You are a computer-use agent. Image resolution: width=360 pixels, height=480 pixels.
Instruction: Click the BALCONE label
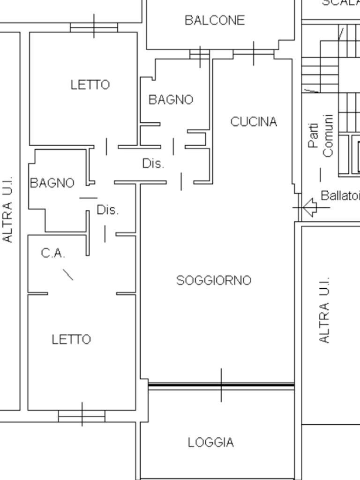(x=215, y=21)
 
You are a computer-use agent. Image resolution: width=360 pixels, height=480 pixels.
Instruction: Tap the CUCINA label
(x=254, y=122)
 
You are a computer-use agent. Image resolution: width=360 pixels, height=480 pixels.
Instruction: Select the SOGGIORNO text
(x=214, y=280)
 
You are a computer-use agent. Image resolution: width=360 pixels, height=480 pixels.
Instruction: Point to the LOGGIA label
(x=210, y=442)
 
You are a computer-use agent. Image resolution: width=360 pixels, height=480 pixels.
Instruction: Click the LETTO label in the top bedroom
(x=90, y=85)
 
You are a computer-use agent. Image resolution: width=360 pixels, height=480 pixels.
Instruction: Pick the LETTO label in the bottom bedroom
(x=71, y=339)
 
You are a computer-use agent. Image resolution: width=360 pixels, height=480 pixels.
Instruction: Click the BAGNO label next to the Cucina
(x=171, y=100)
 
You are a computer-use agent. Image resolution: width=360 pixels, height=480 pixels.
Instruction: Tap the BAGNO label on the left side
(x=52, y=183)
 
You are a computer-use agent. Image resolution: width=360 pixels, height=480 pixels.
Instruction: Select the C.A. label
(x=53, y=254)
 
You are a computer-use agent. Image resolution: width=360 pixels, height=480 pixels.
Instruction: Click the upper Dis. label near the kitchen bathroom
(x=153, y=164)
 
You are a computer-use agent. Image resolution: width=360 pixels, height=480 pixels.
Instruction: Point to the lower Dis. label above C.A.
(x=108, y=210)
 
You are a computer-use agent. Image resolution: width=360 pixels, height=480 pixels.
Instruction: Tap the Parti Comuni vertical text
(x=321, y=136)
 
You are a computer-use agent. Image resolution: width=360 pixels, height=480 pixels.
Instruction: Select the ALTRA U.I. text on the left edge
(x=8, y=210)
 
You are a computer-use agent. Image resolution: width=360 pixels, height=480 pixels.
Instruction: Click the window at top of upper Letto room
(x=94, y=27)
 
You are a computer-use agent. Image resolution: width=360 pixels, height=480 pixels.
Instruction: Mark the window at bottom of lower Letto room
(x=82, y=415)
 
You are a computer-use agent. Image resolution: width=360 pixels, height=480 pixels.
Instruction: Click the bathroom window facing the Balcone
(x=200, y=55)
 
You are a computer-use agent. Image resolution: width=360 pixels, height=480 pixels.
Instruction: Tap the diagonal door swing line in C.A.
(x=68, y=274)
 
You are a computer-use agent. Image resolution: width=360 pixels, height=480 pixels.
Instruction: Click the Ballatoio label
(x=340, y=195)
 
